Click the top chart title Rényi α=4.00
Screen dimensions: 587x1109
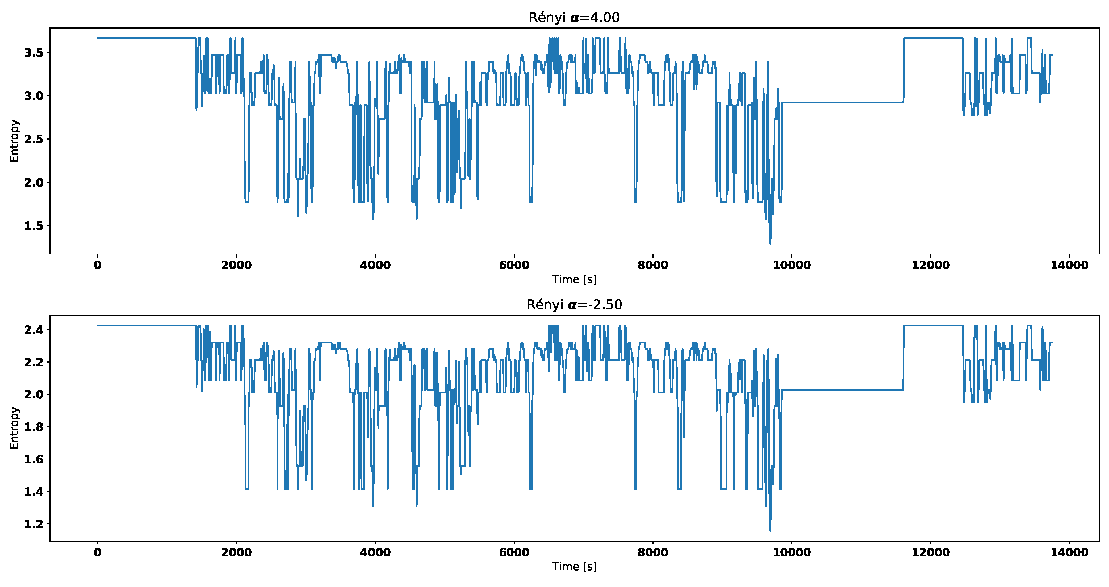tap(574, 17)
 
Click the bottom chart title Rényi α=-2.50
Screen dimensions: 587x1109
tap(574, 304)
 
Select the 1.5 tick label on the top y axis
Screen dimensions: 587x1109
tap(34, 226)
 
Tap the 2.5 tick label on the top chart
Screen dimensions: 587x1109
tap(34, 139)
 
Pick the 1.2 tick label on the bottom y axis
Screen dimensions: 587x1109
tap(34, 524)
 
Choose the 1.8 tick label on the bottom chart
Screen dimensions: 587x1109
tap(34, 427)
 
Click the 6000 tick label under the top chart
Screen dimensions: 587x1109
tap(514, 265)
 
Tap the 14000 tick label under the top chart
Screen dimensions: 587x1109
tap(1069, 265)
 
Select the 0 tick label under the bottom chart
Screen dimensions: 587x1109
tap(98, 552)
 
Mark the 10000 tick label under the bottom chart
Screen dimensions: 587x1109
tap(792, 552)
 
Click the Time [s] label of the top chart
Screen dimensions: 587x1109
tap(574, 279)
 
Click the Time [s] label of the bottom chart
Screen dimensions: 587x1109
tap(574, 566)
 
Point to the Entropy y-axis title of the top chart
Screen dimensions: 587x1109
tap(14, 141)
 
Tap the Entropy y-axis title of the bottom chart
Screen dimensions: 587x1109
tap(14, 428)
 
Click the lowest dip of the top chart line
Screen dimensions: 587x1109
tap(770, 243)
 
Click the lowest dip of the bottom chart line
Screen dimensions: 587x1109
tap(770, 530)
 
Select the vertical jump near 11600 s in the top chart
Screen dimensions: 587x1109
tap(904, 71)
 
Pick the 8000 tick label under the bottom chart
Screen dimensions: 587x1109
tap(653, 552)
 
